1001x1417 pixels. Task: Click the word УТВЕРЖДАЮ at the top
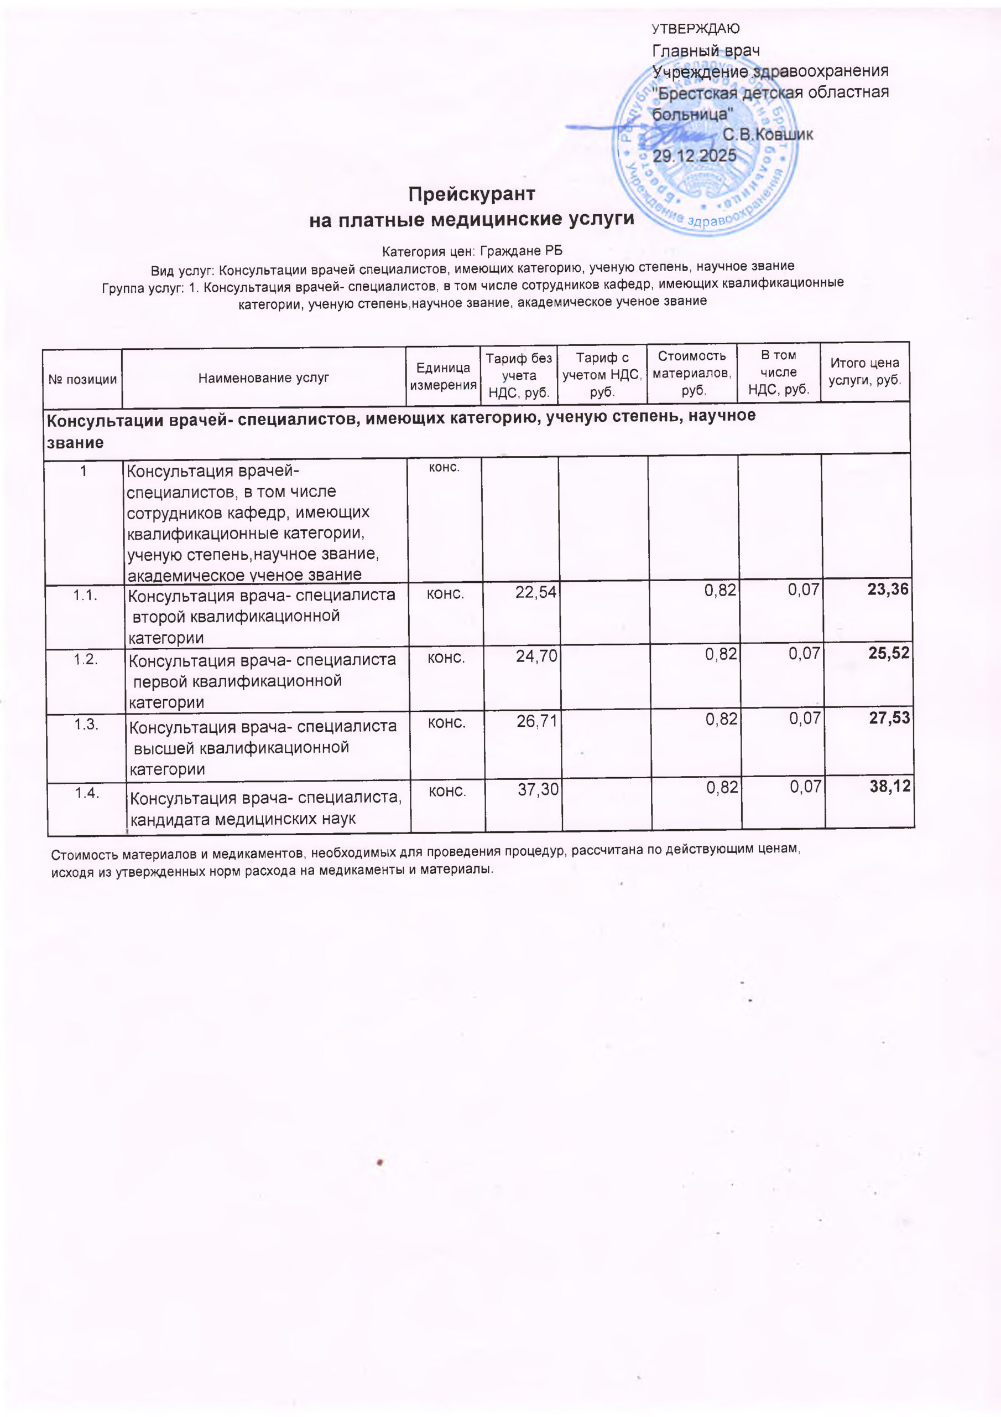coord(696,28)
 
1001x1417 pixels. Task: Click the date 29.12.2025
coord(695,156)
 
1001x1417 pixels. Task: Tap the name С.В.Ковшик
coord(767,134)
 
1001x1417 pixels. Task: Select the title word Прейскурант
coord(471,194)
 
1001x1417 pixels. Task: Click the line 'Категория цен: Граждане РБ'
coord(472,251)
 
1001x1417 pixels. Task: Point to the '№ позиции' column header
coord(82,379)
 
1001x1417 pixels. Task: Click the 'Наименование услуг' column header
coord(263,377)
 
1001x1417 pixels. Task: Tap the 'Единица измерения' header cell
coord(443,376)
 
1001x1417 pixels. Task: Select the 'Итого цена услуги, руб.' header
coord(865,371)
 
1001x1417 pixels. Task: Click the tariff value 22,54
coord(535,592)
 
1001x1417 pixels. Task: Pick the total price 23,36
coord(888,589)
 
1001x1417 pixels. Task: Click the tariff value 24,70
coord(536,656)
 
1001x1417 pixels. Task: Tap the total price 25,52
coord(888,653)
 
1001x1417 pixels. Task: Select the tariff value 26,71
coord(536,721)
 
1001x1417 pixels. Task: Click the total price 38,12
coord(889,786)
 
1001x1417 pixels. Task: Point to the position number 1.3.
coord(86,725)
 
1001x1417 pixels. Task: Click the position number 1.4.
coord(87,793)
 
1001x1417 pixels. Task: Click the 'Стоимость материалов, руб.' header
coord(692,373)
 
